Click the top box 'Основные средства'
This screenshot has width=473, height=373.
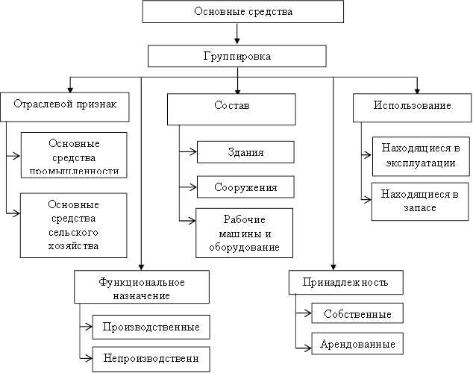(237, 13)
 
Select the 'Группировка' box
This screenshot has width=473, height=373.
(237, 57)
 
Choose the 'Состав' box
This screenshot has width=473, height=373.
(237, 107)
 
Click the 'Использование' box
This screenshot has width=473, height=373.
(412, 106)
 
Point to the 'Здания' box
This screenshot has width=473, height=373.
(245, 152)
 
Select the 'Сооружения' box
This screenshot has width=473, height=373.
(245, 186)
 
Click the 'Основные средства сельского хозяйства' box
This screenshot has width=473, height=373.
(73, 225)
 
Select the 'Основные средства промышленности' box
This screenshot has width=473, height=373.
(73, 155)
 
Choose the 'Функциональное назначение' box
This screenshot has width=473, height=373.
(141, 286)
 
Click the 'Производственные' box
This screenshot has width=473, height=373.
(151, 327)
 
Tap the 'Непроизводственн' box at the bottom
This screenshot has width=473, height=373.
(151, 359)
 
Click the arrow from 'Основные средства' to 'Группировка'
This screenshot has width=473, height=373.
(237, 34)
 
